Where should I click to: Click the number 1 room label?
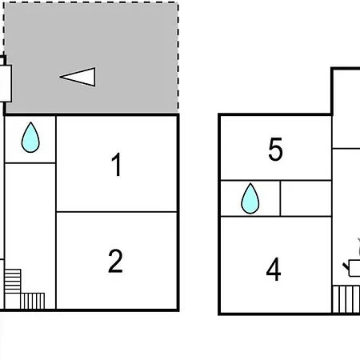click(117, 164)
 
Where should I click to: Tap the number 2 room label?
click(115, 261)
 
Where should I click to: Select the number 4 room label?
click(274, 269)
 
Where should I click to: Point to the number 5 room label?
click(275, 149)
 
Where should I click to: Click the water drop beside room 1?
click(30, 138)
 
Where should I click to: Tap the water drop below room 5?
click(250, 198)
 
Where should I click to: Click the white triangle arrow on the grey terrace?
click(78, 77)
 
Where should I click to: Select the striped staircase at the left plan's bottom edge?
click(33, 301)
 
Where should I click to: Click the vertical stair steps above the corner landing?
click(13, 281)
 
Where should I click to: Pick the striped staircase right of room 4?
click(346, 299)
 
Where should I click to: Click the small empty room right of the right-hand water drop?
click(306, 198)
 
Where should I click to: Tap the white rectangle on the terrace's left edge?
click(6, 83)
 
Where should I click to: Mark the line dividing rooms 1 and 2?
click(117, 212)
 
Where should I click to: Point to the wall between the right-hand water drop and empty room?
click(280, 198)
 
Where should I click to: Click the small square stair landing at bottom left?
click(13, 301)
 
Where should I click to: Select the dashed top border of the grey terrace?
click(91, 2)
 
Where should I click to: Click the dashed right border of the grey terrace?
click(178, 58)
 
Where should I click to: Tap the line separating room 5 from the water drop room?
click(276, 181)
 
